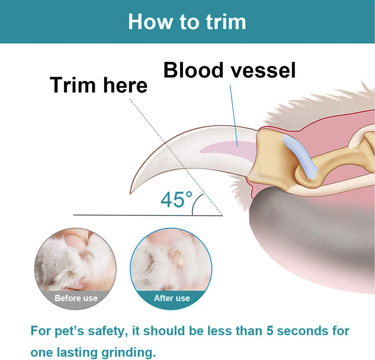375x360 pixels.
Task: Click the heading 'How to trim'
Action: point(187,22)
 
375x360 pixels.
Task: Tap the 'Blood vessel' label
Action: point(229,70)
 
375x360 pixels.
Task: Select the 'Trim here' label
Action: point(99,85)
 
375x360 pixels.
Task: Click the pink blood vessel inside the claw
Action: point(227,148)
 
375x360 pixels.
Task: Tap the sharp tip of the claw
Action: point(130,192)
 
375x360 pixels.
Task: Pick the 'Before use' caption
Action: point(76,298)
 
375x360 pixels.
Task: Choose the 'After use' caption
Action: point(171,298)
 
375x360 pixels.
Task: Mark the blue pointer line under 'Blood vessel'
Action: point(234,113)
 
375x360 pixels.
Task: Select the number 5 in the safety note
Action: point(269,331)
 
